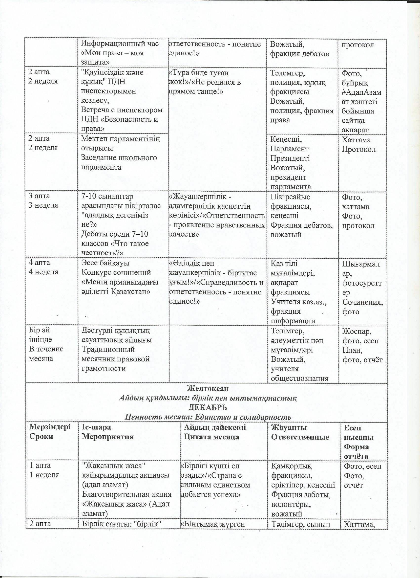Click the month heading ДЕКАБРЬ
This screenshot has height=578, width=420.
(207, 407)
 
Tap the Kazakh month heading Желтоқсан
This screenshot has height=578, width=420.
(208, 388)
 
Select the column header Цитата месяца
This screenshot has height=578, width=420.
(211, 437)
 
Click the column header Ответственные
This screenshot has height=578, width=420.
(300, 437)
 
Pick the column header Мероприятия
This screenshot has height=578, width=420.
(108, 437)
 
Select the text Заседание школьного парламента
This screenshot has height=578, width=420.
(119, 162)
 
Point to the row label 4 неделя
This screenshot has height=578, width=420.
(43, 272)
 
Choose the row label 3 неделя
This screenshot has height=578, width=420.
(43, 205)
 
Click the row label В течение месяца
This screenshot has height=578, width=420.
(46, 354)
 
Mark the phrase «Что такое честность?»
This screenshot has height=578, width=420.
(115, 248)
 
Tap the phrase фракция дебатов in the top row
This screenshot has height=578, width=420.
(299, 54)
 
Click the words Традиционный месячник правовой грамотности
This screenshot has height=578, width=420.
(115, 359)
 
